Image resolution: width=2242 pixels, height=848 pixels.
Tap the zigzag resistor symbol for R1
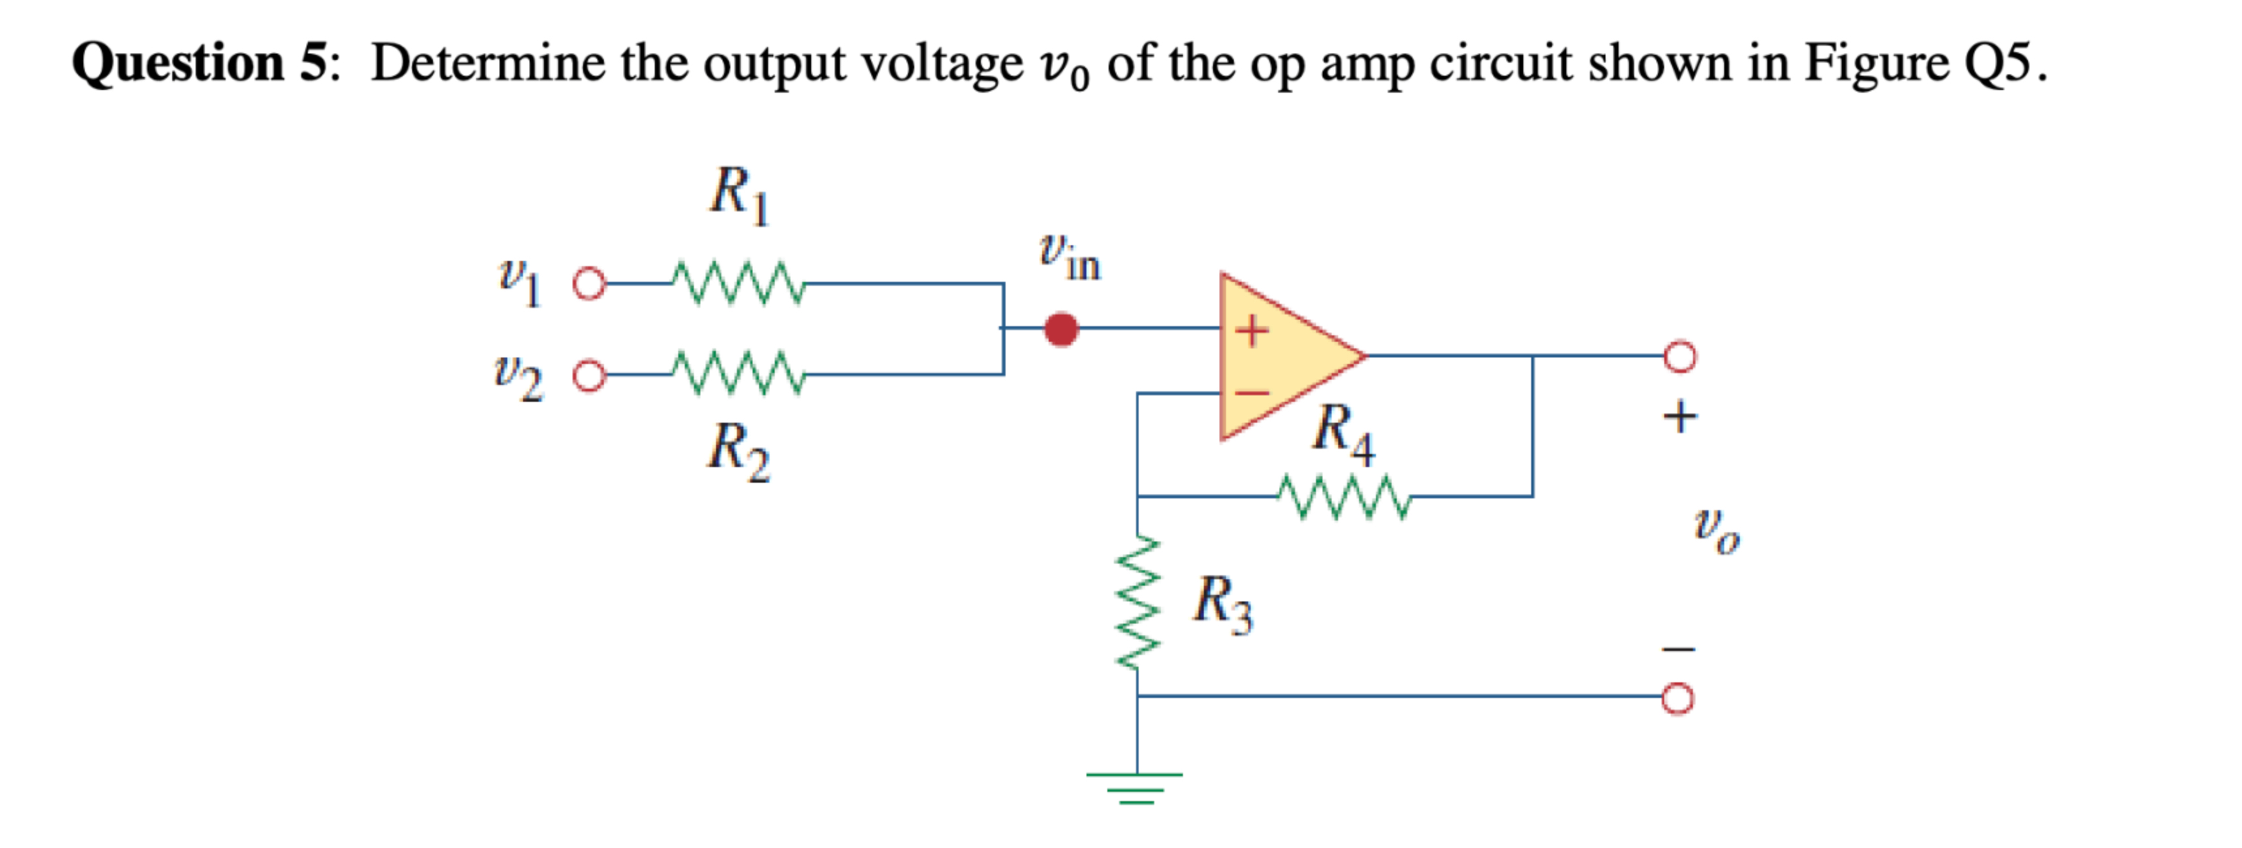pos(739,284)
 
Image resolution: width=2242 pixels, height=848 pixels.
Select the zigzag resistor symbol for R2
pos(739,374)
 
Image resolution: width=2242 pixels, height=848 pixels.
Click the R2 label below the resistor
pos(739,450)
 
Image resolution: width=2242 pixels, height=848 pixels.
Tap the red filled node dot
pos(1061,329)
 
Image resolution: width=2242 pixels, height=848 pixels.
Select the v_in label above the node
pos(1069,258)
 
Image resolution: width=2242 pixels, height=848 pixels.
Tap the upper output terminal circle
pos(1679,356)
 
